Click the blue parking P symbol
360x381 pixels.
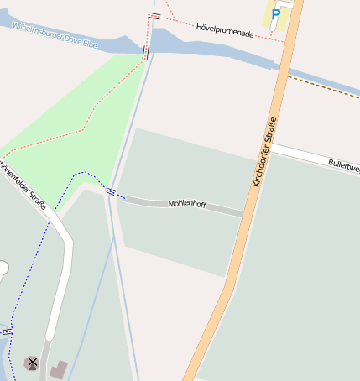point(275,14)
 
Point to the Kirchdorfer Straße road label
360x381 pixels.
point(263,150)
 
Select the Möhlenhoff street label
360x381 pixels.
point(187,204)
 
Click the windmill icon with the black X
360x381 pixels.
point(33,363)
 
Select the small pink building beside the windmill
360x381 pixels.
point(59,368)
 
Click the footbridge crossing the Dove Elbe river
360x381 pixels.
point(146,52)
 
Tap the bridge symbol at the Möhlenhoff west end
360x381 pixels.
point(111,192)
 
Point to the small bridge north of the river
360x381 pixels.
point(154,16)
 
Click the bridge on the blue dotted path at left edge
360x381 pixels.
point(8,332)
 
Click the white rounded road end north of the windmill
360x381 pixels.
point(3,269)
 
